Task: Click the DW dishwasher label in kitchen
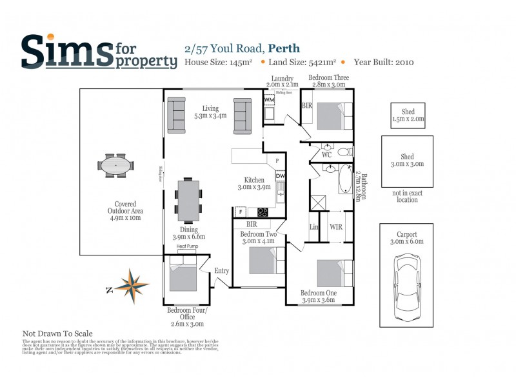point(280,176)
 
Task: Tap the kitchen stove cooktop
point(263,212)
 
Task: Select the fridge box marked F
point(240,212)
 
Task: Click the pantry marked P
point(277,161)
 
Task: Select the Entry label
point(221,271)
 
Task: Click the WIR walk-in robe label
point(336,227)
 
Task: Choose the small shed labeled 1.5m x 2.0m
point(408,115)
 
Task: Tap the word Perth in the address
point(284,48)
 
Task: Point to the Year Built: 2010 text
point(384,63)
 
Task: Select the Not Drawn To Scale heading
point(57,333)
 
